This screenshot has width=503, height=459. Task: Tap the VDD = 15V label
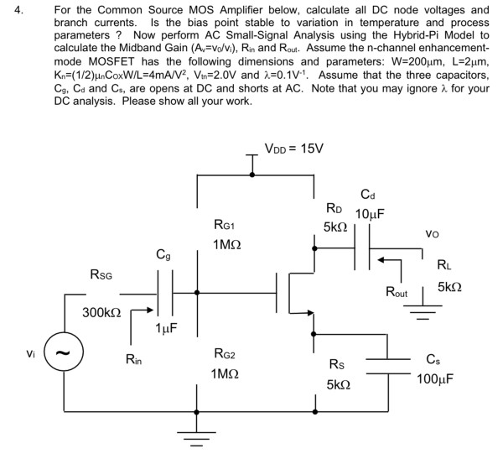click(293, 149)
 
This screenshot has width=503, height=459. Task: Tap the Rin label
click(134, 361)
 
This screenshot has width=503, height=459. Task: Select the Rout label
click(397, 293)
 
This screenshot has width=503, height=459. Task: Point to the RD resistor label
click(334, 208)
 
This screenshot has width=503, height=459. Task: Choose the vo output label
click(433, 236)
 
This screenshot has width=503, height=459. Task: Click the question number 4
click(11, 12)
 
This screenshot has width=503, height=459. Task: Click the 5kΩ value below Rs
click(339, 384)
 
